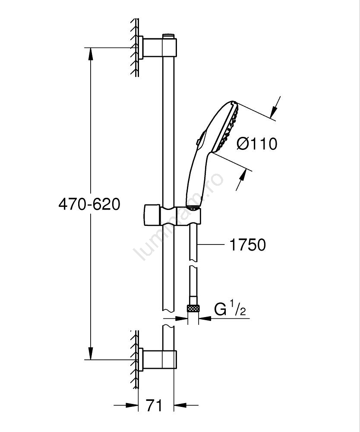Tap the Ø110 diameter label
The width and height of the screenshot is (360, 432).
click(x=257, y=144)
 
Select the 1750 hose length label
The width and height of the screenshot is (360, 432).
click(x=247, y=245)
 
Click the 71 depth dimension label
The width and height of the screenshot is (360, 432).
click(x=154, y=405)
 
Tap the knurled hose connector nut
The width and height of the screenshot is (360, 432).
click(x=193, y=308)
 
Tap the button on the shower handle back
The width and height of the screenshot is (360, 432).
click(x=199, y=138)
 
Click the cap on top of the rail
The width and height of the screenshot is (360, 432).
click(x=168, y=36)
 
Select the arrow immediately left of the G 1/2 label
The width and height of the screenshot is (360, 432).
click(x=205, y=318)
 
